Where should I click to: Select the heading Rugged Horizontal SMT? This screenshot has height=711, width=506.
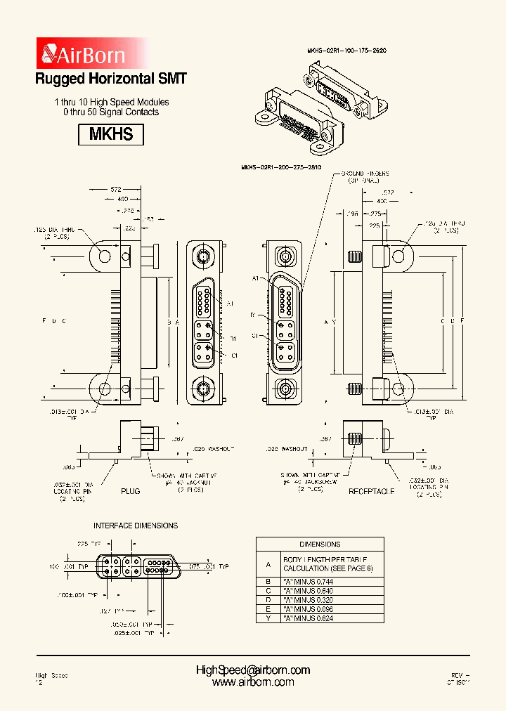111,79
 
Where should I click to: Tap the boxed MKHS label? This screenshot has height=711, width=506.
111,133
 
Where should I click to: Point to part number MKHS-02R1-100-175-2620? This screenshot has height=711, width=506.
347,51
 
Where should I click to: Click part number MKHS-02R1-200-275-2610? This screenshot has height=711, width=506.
281,168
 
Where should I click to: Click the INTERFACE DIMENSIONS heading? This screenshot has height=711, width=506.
136,526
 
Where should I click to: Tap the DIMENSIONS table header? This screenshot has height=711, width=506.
320,544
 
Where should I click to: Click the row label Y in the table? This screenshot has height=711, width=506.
268,618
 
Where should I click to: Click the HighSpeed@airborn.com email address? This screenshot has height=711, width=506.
253,670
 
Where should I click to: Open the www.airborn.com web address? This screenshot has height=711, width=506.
253,682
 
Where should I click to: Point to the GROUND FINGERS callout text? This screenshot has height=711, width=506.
365,176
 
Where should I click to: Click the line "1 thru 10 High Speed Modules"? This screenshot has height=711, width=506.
111,102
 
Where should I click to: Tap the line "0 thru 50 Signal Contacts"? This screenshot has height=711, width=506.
111,112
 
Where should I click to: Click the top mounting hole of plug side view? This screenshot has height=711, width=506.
105,256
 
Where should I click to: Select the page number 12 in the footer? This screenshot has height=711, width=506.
39,683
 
